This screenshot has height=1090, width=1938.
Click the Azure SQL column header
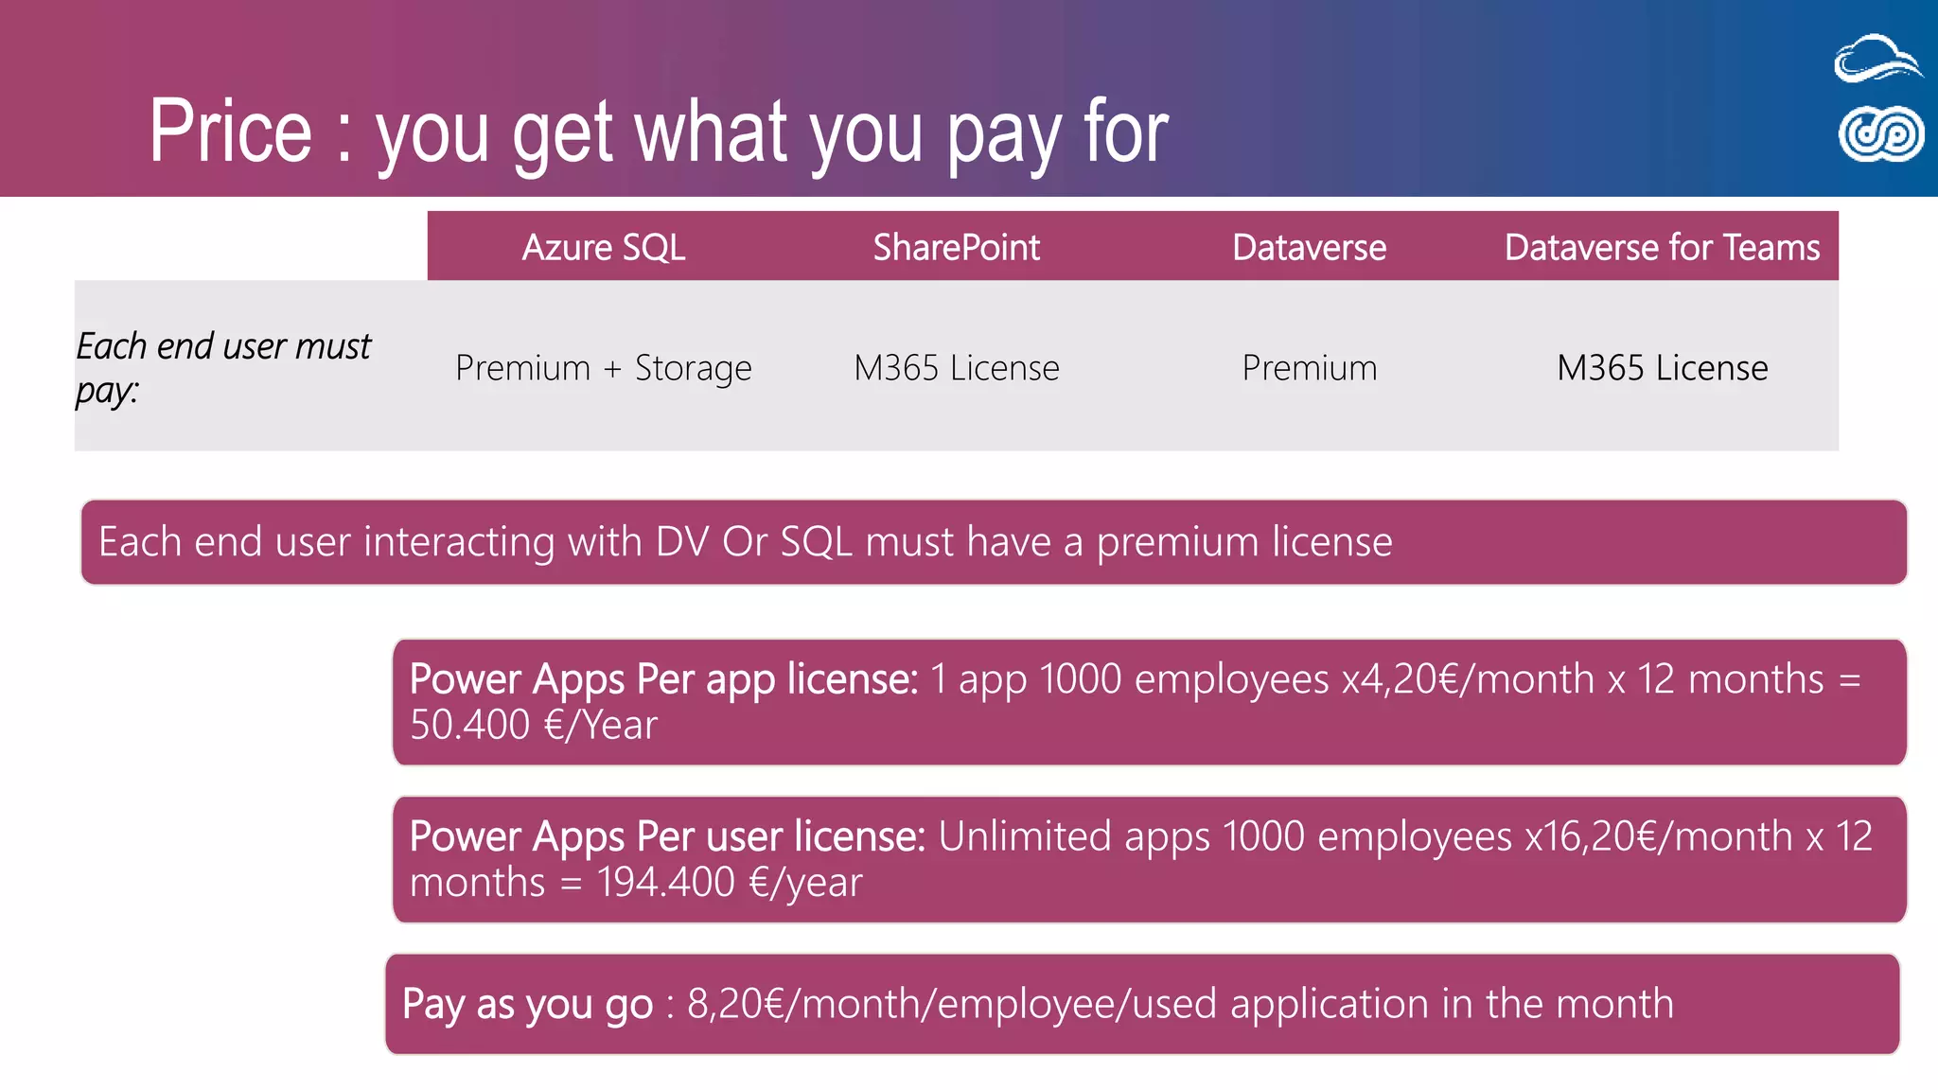[603, 247]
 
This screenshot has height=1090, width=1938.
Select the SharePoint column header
[956, 247]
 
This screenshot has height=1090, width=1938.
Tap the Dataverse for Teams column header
[1662, 247]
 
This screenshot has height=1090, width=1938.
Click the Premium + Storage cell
[603, 367]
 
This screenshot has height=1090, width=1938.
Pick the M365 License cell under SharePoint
[956, 367]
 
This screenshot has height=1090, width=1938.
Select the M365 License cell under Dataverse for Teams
[1662, 367]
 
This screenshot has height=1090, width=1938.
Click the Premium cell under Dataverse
[1309, 367]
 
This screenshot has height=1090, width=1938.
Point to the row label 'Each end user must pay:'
[223, 367]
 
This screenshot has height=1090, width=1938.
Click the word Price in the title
[230, 132]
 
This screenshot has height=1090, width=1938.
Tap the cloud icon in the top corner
[1877, 59]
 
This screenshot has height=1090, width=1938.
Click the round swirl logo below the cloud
[1880, 133]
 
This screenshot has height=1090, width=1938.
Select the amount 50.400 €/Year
[533, 726]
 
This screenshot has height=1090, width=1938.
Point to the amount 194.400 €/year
[729, 883]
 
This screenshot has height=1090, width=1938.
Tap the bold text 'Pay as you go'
[527, 1004]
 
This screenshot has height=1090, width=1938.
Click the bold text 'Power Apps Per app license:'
[663, 679]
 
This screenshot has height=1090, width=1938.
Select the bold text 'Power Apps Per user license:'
[667, 836]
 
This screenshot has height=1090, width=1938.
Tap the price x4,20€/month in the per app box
[1468, 679]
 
